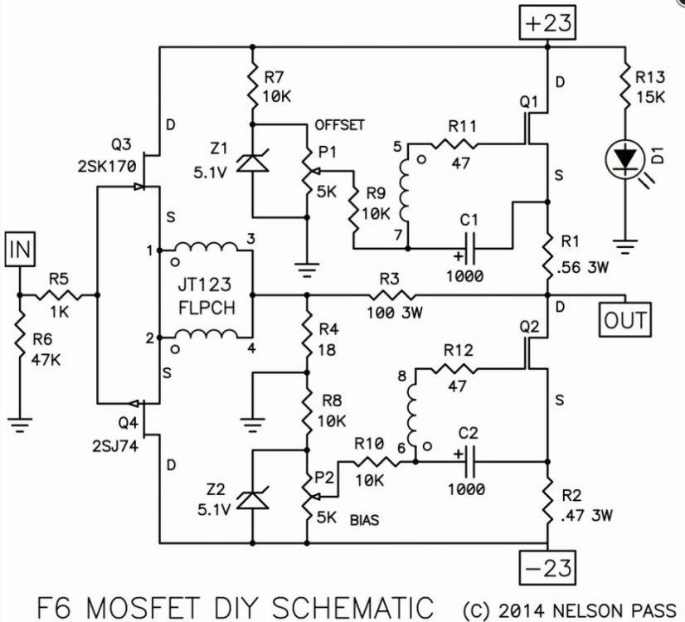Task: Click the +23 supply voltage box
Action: click(547, 24)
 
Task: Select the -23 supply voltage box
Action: click(547, 570)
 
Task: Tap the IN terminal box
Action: click(18, 247)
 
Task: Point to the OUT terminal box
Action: click(627, 318)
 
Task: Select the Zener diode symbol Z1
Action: click(250, 163)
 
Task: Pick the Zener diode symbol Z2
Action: click(250, 500)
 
